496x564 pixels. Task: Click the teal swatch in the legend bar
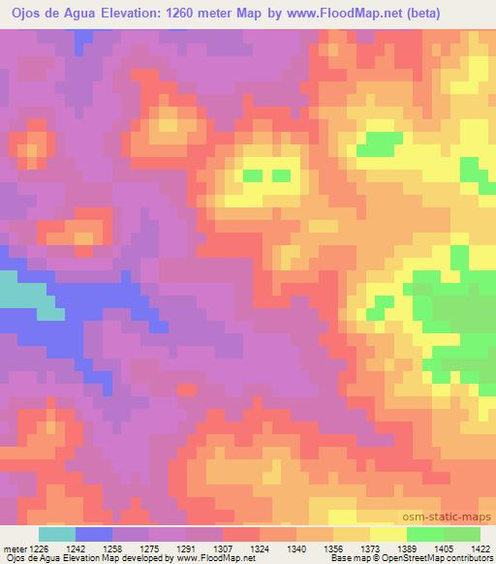pos(57,534)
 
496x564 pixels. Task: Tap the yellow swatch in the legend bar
pos(387,534)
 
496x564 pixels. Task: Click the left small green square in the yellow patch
pos(252,175)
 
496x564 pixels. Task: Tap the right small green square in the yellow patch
pos(282,175)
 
